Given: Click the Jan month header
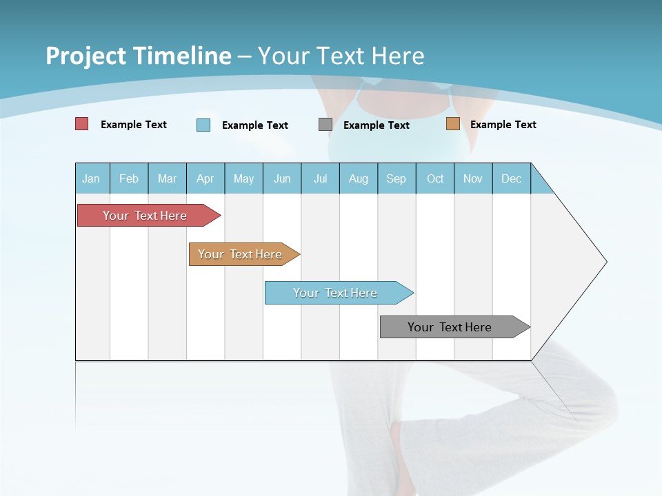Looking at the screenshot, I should click(x=92, y=178).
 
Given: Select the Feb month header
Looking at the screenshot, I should click(x=129, y=178).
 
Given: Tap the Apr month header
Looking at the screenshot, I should click(x=205, y=178).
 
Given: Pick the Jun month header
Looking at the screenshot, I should click(x=282, y=178).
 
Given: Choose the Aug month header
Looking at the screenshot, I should click(x=359, y=178).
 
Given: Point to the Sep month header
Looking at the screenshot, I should click(x=397, y=178).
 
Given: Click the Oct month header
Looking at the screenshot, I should click(x=435, y=178).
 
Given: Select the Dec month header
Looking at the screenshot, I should click(x=512, y=178).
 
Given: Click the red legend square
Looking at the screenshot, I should click(x=82, y=124).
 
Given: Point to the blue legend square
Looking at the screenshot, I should click(x=203, y=125).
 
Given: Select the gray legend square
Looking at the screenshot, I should click(x=325, y=125).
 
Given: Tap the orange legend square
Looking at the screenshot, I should click(x=452, y=124).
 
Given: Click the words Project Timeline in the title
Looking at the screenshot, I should click(x=138, y=56).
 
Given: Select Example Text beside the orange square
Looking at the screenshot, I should click(x=503, y=125).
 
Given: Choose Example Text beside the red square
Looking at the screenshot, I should click(x=134, y=125).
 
